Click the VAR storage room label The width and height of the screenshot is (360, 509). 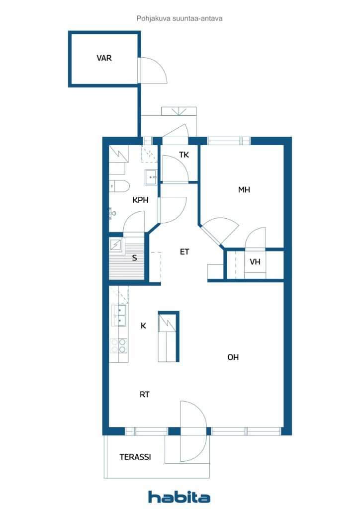(104, 58)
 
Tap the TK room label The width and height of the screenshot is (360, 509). (184, 155)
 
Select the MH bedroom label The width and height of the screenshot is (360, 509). (244, 189)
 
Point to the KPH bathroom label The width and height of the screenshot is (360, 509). (141, 200)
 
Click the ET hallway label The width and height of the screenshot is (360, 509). (184, 252)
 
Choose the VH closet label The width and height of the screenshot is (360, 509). (255, 261)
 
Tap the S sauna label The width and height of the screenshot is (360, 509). (134, 258)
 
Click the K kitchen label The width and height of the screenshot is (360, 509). (144, 326)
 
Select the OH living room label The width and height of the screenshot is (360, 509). (233, 357)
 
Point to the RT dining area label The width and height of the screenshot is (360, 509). (145, 394)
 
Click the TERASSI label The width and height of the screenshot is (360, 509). (135, 457)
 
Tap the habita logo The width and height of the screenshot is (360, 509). (179, 497)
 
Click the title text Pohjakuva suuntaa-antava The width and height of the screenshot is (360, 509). (180, 18)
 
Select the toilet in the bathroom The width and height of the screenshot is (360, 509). (119, 186)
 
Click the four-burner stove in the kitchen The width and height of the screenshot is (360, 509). (119, 346)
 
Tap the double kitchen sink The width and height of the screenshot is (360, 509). (119, 315)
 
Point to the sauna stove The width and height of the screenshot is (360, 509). (116, 245)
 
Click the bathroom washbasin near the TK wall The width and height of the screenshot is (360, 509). (151, 177)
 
